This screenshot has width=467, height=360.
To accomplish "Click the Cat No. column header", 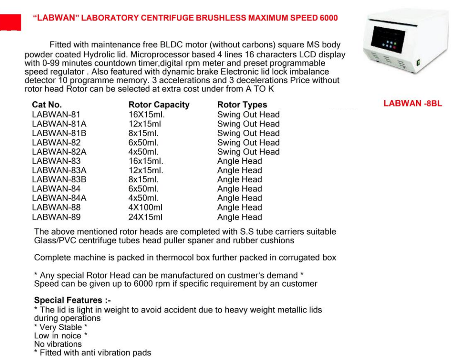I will tap(47, 105).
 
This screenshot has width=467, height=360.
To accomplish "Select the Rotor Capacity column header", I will tap(159, 105).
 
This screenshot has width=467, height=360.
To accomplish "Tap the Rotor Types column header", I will tap(242, 105).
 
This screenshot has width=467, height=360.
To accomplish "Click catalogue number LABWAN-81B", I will tap(59, 133).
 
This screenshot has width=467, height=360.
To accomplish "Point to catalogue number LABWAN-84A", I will tap(59, 198).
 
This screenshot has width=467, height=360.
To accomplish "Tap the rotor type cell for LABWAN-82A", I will tap(248, 152).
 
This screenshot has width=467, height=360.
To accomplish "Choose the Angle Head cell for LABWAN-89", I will tap(239, 217).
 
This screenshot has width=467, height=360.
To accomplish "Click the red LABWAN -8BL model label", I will tap(413, 103).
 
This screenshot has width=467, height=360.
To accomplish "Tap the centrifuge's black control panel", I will tap(388, 41).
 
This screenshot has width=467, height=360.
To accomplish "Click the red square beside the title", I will tap(10, 22).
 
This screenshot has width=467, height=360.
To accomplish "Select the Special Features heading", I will tap(72, 300).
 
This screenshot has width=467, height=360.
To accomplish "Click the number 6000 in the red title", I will tap(329, 18).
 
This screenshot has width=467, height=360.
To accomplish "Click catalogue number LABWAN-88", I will tap(56, 208).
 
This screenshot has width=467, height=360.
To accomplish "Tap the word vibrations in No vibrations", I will tap(64, 344).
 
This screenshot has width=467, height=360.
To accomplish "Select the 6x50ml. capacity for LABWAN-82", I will tap(144, 143).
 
